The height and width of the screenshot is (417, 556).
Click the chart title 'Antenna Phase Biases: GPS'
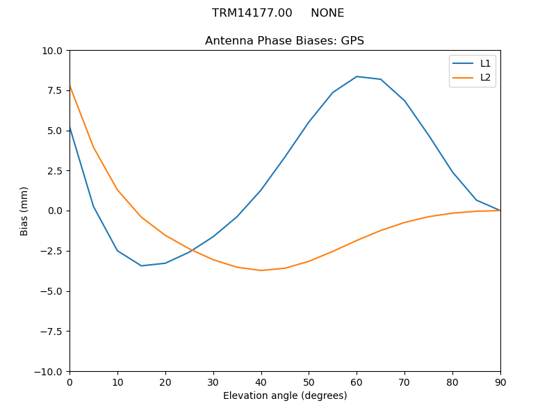[x=284, y=41]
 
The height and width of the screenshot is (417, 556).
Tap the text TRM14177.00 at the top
[x=252, y=13]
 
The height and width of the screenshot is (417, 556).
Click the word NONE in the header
[x=327, y=13]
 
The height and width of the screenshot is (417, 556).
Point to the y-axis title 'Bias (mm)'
[x=24, y=211]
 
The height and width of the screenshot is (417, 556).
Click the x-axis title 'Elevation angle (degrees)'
[x=285, y=396]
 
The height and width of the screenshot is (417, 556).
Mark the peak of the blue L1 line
[x=357, y=76]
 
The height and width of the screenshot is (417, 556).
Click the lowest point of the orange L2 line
[x=261, y=270]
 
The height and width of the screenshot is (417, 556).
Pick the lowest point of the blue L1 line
[x=141, y=265]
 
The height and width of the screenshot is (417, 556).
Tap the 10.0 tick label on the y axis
[x=53, y=51]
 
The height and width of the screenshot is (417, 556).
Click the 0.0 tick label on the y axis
[x=56, y=211]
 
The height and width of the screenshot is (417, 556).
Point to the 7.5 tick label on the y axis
[x=56, y=91]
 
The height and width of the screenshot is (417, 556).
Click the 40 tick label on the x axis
[x=261, y=382]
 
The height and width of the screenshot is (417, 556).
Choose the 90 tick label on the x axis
[x=500, y=382]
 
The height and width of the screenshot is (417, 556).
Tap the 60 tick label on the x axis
[x=357, y=382]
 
